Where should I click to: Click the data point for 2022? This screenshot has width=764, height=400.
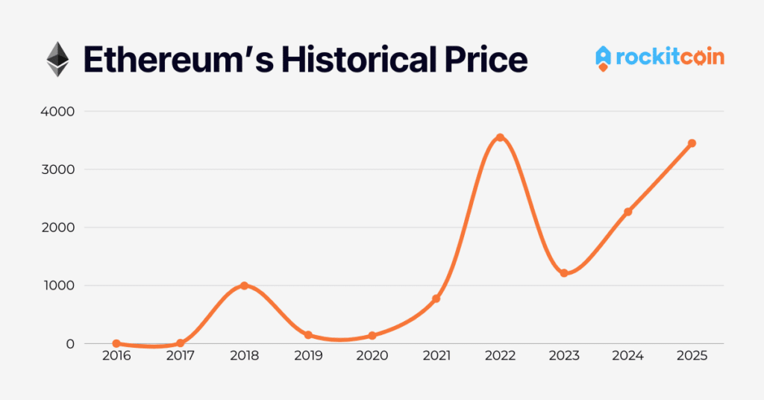point(500,137)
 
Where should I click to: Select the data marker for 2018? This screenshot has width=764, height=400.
point(244,286)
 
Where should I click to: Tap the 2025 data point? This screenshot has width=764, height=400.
point(692,143)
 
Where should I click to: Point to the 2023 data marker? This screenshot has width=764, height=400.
point(564,273)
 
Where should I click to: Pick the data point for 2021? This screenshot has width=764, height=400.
point(436,299)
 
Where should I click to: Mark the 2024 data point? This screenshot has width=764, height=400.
point(628,212)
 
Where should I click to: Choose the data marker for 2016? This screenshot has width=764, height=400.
point(116,343)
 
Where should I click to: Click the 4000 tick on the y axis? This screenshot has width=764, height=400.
point(58,111)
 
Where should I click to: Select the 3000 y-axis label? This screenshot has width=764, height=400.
point(58,169)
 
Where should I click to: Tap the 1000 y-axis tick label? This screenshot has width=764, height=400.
point(58,286)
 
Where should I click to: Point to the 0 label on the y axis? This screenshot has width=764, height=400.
point(70,344)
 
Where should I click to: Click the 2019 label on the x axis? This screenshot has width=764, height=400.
point(308,357)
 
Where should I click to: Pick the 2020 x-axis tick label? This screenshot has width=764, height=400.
point(372,357)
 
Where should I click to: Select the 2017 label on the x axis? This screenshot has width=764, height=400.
point(180,357)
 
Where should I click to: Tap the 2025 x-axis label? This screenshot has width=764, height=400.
point(692,357)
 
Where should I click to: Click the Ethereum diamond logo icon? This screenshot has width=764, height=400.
point(57,59)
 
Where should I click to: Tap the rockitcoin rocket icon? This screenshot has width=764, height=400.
point(604,58)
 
